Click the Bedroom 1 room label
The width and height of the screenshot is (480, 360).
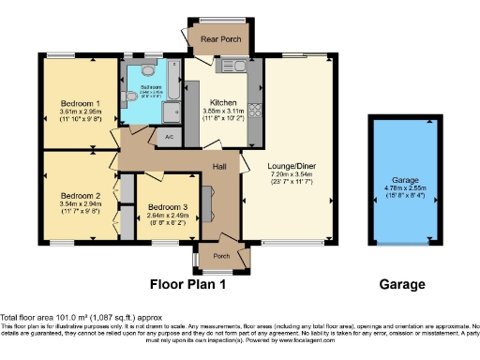pyautogui.click(x=82, y=102)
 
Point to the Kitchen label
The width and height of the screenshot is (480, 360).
pyautogui.click(x=221, y=102)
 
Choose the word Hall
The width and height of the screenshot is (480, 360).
pyautogui.click(x=219, y=166)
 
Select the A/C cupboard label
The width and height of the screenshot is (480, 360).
pyautogui.click(x=169, y=137)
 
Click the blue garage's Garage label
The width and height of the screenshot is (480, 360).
pyautogui.click(x=405, y=179)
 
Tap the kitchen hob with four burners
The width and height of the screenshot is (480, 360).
pyautogui.click(x=255, y=112)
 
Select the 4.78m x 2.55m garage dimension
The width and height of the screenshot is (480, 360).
pyautogui.click(x=405, y=188)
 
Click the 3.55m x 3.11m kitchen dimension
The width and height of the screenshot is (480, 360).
pyautogui.click(x=221, y=112)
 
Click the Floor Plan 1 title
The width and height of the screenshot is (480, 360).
pyautogui.click(x=195, y=284)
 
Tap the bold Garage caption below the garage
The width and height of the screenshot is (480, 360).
pyautogui.click(x=401, y=284)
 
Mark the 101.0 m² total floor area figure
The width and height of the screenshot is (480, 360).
pyautogui.click(x=72, y=317)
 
